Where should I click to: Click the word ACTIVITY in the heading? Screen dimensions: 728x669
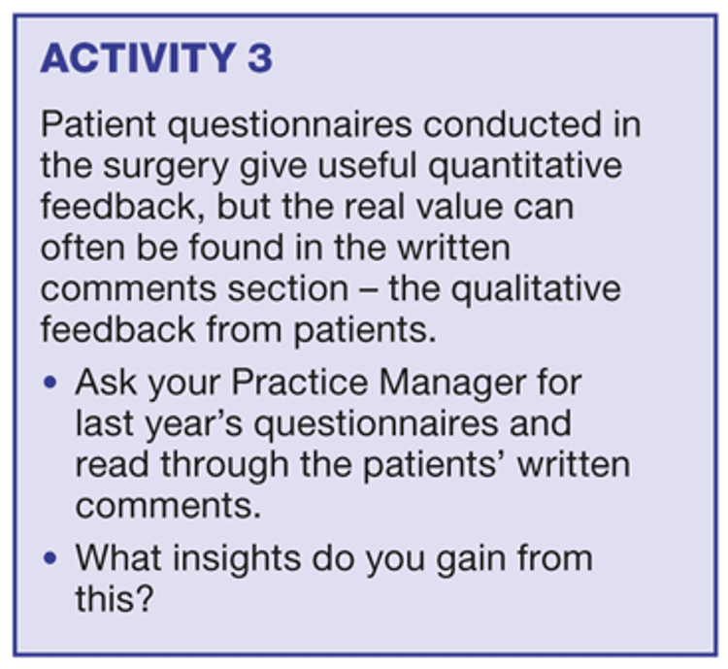click(139, 57)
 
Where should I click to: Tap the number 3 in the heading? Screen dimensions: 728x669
click(260, 57)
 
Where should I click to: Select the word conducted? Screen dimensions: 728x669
click(513, 124)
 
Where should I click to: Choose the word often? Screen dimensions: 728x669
click(83, 247)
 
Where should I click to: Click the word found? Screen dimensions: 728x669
click(236, 247)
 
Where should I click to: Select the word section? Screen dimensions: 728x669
click(288, 289)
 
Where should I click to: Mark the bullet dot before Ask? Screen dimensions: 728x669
click(50, 383)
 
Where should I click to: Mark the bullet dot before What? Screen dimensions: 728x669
click(50, 557)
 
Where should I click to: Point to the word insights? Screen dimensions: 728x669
click(236, 559)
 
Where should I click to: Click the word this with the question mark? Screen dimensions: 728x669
click(115, 598)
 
